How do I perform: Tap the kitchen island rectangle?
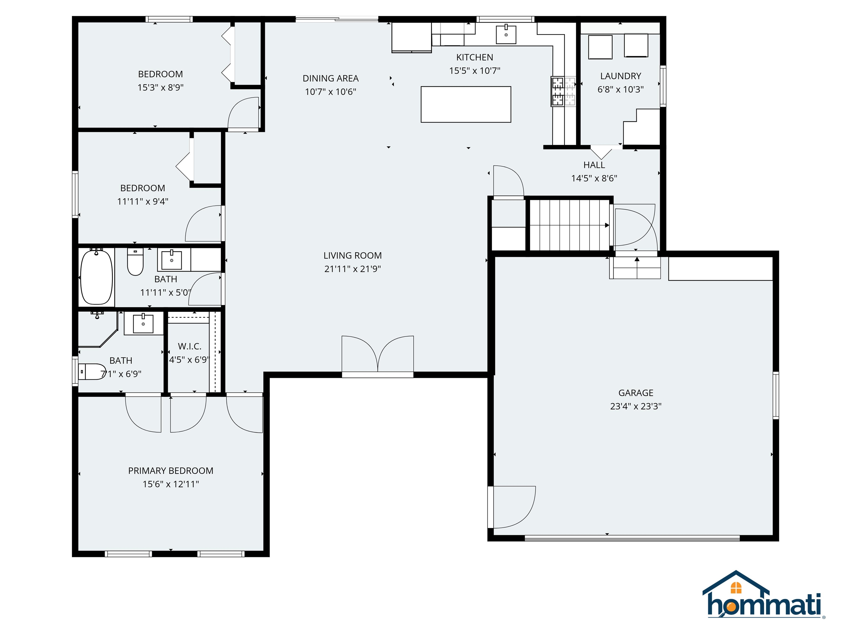pos(466,104)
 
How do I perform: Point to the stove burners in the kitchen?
pos(563,91)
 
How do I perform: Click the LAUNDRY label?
pos(621,76)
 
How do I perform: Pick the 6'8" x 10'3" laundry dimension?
pos(621,89)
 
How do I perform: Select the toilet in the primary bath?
pos(92,372)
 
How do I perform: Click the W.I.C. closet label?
pos(190,346)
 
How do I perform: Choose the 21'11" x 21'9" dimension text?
pos(352,269)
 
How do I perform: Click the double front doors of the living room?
pos(378,356)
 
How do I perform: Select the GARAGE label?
pos(636,393)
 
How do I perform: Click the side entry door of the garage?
pos(512,507)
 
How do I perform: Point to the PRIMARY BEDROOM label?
pos(171,471)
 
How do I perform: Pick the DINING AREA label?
pos(330,78)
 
